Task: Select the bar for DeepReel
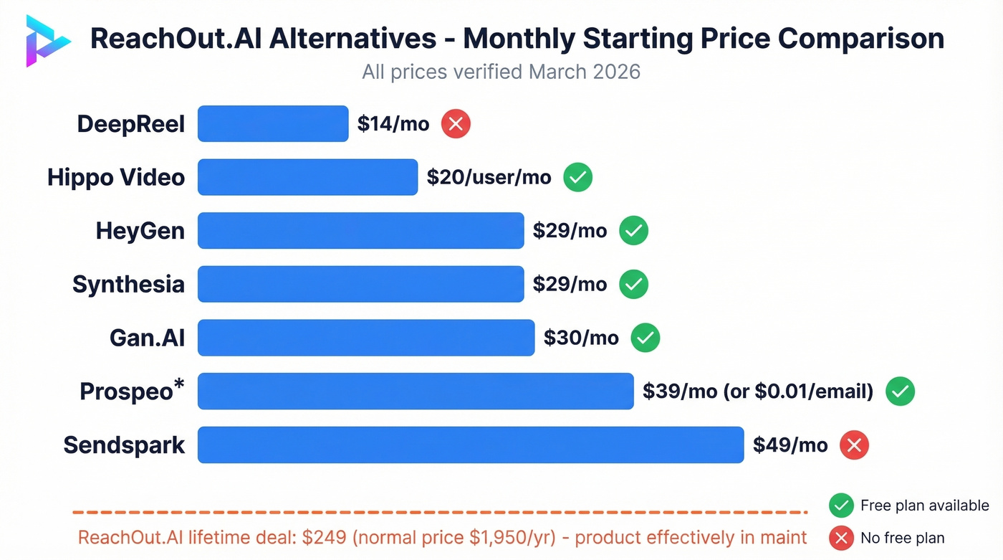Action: [x=273, y=123]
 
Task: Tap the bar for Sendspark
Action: [x=471, y=445]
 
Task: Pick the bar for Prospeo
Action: [x=416, y=391]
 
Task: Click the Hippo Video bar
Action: [x=307, y=177]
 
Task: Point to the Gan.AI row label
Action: [x=148, y=338]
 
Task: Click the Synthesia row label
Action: [x=128, y=284]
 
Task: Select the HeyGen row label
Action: [x=140, y=231]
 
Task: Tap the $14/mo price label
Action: [x=393, y=124]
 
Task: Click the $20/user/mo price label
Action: [x=489, y=177]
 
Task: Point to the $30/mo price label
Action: [x=581, y=338]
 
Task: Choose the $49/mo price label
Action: [x=790, y=445]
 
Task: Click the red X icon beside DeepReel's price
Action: [x=456, y=124]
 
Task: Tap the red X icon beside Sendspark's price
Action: [x=854, y=445]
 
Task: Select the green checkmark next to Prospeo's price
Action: [x=901, y=391]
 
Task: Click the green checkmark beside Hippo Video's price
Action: [x=577, y=177]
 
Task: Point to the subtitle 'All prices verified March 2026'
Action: [x=501, y=72]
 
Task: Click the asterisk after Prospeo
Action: [x=179, y=385]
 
